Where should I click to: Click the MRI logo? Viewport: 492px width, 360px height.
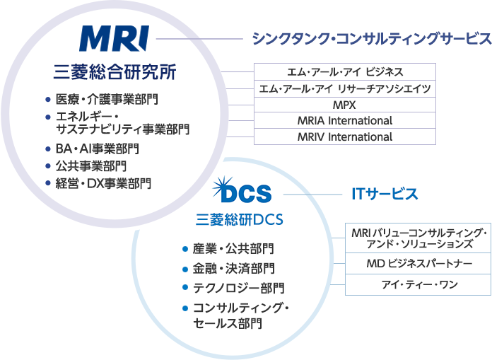click(114, 39)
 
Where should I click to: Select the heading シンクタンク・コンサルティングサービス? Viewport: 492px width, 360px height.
click(372, 39)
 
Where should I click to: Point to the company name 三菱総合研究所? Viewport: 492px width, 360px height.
click(115, 72)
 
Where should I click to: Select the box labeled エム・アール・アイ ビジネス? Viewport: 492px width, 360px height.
click(345, 71)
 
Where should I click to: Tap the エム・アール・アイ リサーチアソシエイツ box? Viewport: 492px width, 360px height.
click(345, 88)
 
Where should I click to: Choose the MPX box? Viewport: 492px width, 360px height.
click(345, 104)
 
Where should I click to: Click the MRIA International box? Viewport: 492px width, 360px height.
click(345, 120)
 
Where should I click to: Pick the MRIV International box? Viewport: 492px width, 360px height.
click(345, 137)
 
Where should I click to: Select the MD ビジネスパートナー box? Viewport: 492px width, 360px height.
click(418, 264)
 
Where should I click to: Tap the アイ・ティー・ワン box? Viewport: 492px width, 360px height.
click(418, 284)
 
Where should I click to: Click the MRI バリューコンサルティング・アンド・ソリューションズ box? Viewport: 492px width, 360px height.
click(418, 238)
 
